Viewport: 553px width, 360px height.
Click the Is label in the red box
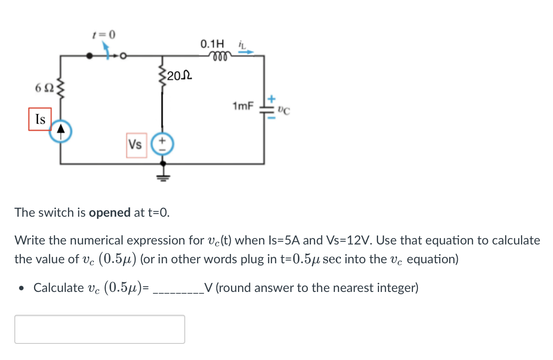click(40, 119)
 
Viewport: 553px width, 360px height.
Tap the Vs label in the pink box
click(136, 145)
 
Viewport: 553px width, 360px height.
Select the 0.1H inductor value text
click(212, 44)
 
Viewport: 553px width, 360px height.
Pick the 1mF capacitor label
click(242, 107)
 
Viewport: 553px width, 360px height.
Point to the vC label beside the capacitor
click(283, 109)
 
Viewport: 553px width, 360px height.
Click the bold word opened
click(110, 212)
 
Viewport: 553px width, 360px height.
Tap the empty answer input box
click(100, 329)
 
